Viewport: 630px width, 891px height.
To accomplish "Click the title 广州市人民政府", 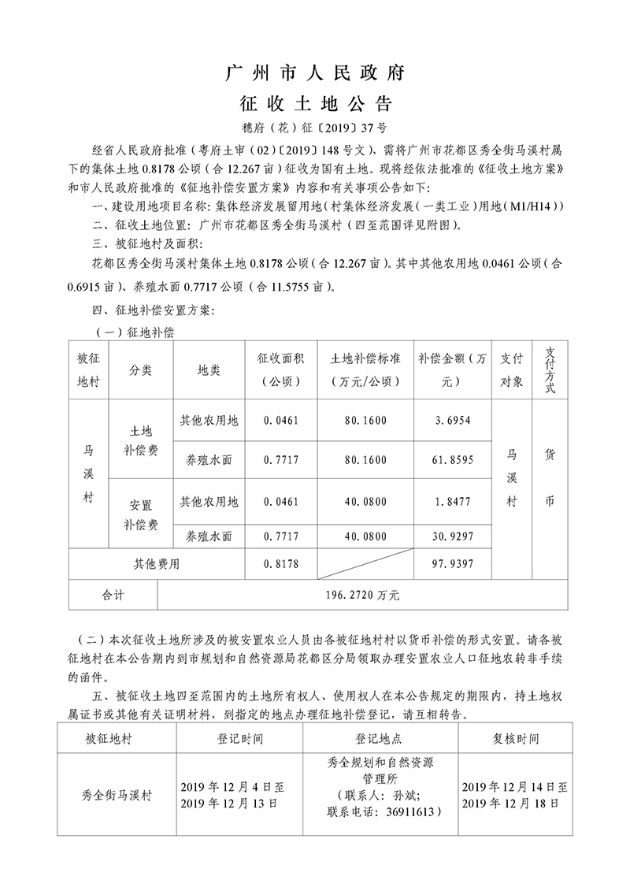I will click(315, 74).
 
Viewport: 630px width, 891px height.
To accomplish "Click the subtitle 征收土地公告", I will click(315, 105).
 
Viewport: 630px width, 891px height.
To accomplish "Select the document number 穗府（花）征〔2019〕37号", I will click(315, 128).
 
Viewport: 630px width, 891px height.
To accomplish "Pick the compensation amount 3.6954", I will click(452, 421).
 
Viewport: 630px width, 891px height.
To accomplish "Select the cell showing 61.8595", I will click(452, 459).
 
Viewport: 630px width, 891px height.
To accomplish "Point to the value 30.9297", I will click(452, 536).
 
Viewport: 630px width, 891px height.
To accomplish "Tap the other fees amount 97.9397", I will click(452, 564).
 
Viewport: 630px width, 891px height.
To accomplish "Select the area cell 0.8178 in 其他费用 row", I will click(281, 564).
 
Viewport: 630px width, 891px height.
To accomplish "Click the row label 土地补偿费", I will click(141, 441).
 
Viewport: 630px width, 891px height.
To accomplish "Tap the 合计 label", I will click(113, 594).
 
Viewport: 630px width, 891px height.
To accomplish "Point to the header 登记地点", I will click(379, 740).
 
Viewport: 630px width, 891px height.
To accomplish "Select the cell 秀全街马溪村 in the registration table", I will click(117, 795).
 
